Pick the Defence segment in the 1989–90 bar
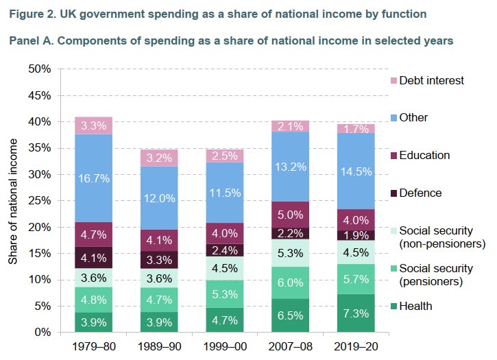click(x=159, y=261)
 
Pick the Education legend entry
click(x=424, y=155)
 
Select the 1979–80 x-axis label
click(x=93, y=347)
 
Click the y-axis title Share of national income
click(x=13, y=200)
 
